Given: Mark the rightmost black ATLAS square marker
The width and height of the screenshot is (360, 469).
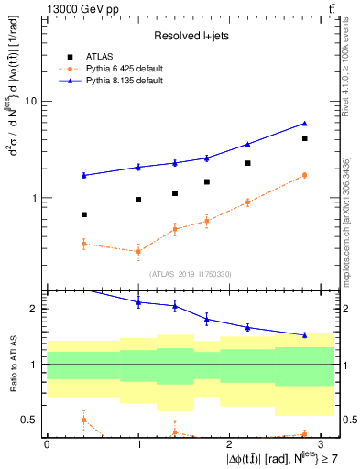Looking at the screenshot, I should (304, 138).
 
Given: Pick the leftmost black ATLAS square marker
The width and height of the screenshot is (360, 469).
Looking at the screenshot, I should (83, 214).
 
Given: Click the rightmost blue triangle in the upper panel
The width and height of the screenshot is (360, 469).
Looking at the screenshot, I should (304, 123).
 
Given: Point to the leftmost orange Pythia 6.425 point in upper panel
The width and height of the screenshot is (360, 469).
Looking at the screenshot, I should (83, 244).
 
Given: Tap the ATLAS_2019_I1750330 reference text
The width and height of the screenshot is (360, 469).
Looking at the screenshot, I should (190, 273).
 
